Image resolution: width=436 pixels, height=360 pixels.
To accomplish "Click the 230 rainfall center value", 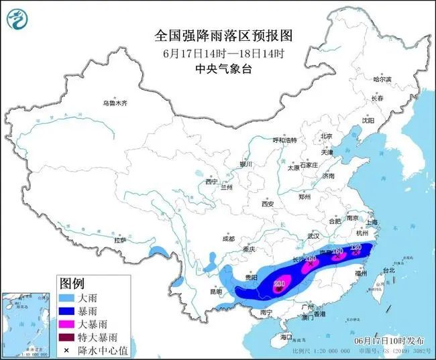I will [x=280, y=284].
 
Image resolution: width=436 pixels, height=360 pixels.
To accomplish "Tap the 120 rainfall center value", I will [x=356, y=247].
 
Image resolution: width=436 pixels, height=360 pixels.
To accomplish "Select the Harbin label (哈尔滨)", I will [x=382, y=79].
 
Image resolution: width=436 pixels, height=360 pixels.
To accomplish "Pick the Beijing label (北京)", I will [x=327, y=136].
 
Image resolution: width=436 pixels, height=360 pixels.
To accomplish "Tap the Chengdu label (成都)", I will [x=227, y=239].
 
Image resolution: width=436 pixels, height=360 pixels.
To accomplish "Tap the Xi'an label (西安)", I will [x=268, y=203].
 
